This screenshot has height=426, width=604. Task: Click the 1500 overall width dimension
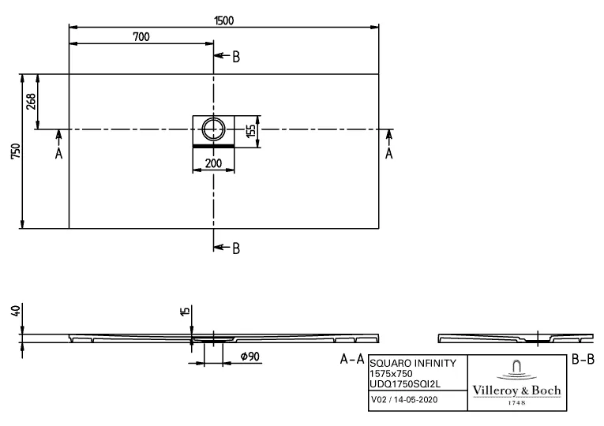223,21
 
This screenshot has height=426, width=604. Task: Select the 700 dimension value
141,37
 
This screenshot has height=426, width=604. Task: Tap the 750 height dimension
13,151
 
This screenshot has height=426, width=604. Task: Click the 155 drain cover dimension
251,131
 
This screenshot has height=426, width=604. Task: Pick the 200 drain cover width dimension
213,163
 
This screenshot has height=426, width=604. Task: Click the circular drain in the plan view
213,128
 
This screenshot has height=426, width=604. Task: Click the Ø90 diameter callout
249,357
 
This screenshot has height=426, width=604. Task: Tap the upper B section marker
235,56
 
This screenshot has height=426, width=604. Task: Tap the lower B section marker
235,248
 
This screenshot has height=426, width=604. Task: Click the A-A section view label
352,360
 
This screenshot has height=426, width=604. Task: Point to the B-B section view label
582,360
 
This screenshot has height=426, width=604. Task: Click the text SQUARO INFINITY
412,363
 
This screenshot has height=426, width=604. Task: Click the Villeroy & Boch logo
516,382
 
